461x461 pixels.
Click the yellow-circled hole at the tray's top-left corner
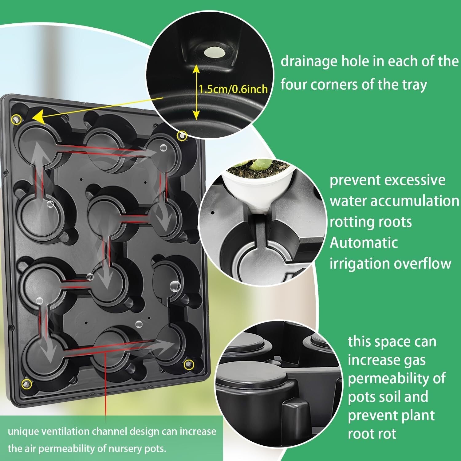pyautogui.click(x=16, y=120)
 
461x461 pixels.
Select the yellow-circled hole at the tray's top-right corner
pyautogui.click(x=182, y=135)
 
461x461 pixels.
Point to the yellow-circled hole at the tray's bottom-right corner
pyautogui.click(x=188, y=365)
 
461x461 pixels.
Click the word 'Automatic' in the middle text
pyautogui.click(x=364, y=243)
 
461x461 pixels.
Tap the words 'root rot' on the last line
pyautogui.click(x=372, y=434)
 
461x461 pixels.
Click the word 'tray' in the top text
pyautogui.click(x=415, y=85)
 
